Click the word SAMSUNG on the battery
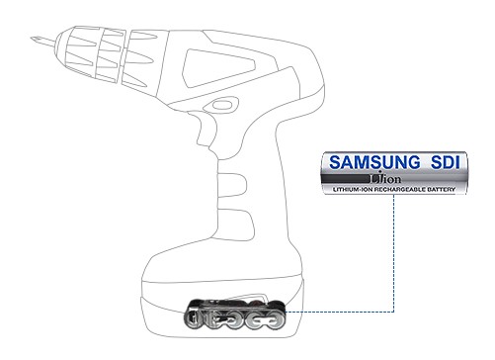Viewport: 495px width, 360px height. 374,162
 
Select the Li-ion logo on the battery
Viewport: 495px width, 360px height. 385,178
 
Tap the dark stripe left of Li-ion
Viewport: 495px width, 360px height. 346,179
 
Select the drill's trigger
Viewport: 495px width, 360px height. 200,132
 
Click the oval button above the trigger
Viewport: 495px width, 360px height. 220,105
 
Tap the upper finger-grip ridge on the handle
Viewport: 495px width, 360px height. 232,185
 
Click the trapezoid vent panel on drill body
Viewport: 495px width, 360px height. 218,68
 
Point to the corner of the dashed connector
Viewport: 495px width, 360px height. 394,312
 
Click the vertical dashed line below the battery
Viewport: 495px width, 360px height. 394,253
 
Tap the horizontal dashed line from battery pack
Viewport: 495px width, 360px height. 340,312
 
